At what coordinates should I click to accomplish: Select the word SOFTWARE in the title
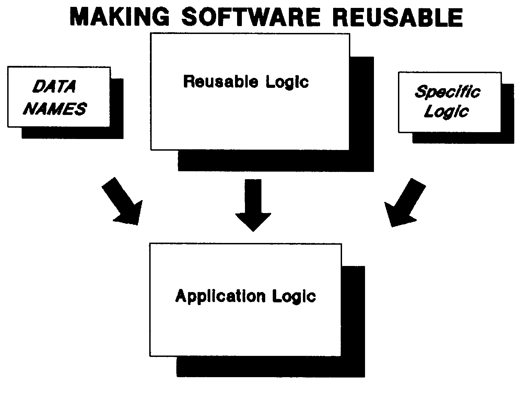coord(251,17)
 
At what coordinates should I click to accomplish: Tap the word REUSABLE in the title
coord(398,17)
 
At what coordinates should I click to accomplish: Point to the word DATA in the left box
coord(54,87)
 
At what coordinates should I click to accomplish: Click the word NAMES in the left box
coord(56,109)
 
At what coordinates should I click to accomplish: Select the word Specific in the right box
coord(447,92)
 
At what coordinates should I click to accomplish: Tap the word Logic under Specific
coord(446,112)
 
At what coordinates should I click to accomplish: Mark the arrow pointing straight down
coord(253,206)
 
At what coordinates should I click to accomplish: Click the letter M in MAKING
coord(79,17)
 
